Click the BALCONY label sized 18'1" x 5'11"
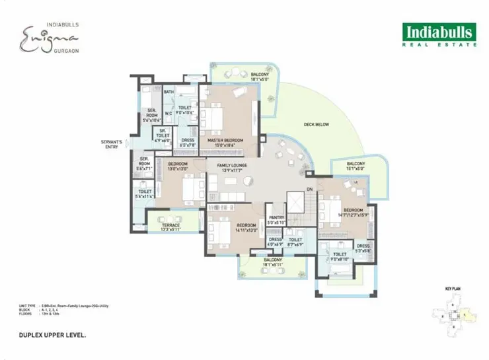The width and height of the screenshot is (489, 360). tap(272, 262)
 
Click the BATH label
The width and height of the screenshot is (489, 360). tap(169, 92)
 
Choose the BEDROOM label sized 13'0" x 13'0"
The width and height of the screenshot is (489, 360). tap(178, 166)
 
